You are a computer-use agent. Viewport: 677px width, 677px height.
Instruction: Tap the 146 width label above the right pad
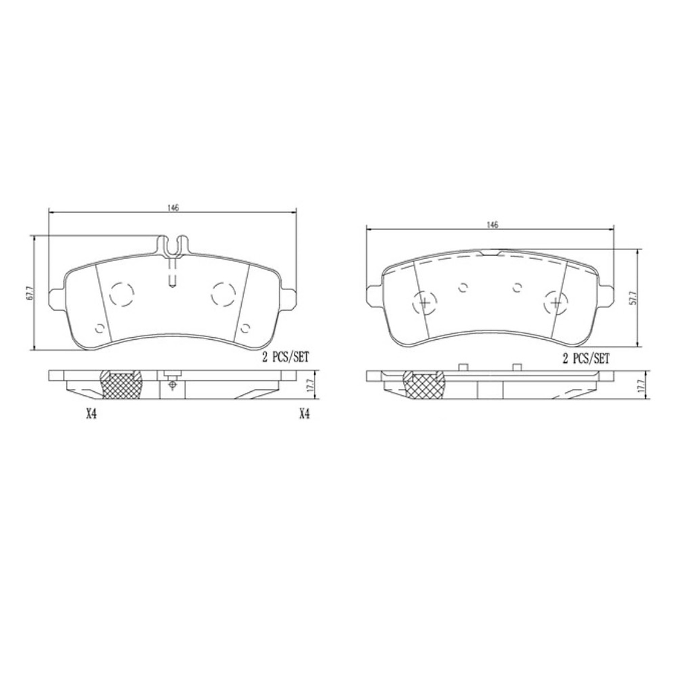pos(491,224)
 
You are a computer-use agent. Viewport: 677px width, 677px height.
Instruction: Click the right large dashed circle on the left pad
pos(222,294)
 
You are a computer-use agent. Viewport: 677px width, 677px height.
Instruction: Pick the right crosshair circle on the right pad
pos(555,303)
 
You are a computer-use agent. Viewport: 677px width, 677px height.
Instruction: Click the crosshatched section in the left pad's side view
pos(121,384)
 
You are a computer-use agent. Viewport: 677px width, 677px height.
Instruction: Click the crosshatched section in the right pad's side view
pos(424,385)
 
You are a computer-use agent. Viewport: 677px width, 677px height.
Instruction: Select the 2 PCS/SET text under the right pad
pos(585,358)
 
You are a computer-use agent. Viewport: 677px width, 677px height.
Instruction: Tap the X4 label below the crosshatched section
pos(92,414)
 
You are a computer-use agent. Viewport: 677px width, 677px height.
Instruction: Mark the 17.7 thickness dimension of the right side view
pos(641,386)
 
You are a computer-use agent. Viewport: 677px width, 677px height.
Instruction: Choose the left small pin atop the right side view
pos(462,367)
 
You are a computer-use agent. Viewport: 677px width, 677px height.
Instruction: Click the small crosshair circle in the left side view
pos(173,385)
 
